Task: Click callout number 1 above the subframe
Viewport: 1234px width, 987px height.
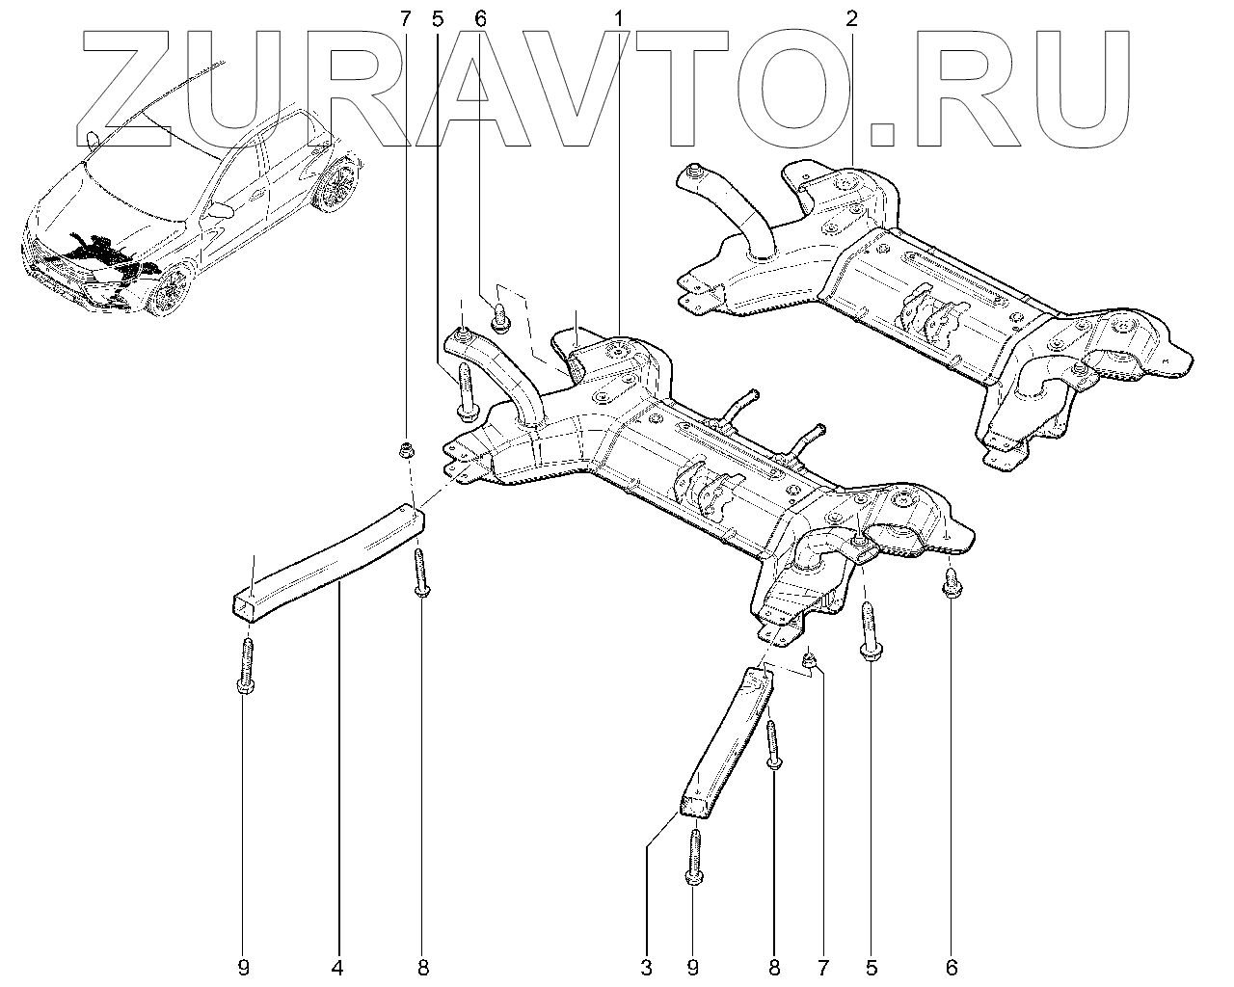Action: point(617,18)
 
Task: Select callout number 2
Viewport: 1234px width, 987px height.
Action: point(852,18)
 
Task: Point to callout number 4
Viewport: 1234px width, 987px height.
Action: point(338,964)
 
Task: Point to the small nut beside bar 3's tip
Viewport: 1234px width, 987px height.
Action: point(811,659)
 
